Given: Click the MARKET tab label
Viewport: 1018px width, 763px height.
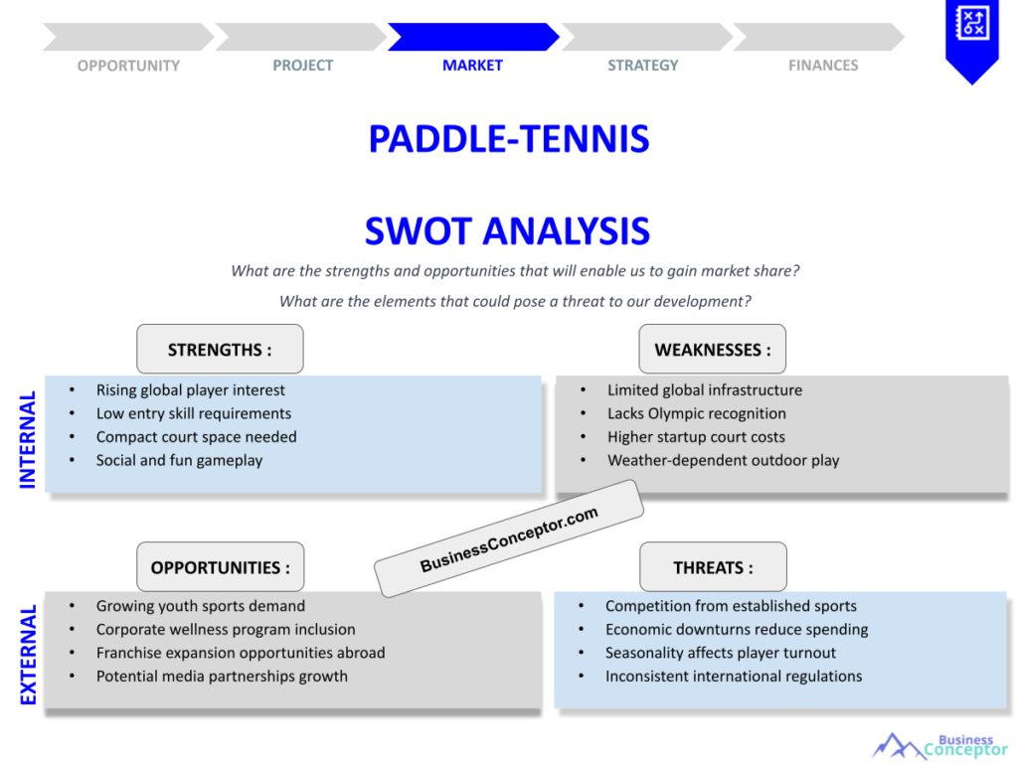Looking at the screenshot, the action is pyautogui.click(x=472, y=66).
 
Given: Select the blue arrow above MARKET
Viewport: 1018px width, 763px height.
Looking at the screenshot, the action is pyautogui.click(x=473, y=37).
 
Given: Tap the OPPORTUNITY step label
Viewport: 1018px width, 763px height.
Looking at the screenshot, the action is pyautogui.click(x=128, y=66).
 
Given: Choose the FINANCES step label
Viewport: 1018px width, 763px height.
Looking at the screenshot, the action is pyautogui.click(x=823, y=66).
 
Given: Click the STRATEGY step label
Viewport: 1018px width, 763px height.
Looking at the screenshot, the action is pyautogui.click(x=643, y=66).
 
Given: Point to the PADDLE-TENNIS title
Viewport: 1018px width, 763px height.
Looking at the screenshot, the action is pyautogui.click(x=509, y=139).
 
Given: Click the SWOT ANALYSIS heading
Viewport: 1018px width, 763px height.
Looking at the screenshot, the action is pyautogui.click(x=507, y=230).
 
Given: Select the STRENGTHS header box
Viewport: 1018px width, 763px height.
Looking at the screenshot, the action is pyautogui.click(x=220, y=349).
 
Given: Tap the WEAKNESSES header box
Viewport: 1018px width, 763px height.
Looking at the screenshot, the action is pyautogui.click(x=712, y=349).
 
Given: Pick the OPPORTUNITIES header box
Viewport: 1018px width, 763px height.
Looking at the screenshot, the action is pyautogui.click(x=220, y=566).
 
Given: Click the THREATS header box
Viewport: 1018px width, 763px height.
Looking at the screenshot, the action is pyautogui.click(x=713, y=566).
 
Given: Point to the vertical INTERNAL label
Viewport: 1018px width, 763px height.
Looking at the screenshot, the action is pyautogui.click(x=27, y=439).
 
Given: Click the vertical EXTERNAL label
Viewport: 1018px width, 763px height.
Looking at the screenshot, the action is pyautogui.click(x=28, y=656).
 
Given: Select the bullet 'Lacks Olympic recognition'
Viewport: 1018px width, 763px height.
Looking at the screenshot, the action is pyautogui.click(x=697, y=413).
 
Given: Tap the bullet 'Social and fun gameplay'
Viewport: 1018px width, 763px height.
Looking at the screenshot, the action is pyautogui.click(x=179, y=461).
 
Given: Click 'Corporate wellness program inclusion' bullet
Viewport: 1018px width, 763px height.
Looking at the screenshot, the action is pyautogui.click(x=226, y=629).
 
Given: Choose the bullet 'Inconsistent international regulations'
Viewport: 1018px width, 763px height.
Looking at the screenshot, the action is pyautogui.click(x=734, y=676).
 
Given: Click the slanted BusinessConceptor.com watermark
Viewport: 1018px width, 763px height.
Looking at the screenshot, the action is pyautogui.click(x=509, y=538).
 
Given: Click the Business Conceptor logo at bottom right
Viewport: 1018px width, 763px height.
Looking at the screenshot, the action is pyautogui.click(x=940, y=746).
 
